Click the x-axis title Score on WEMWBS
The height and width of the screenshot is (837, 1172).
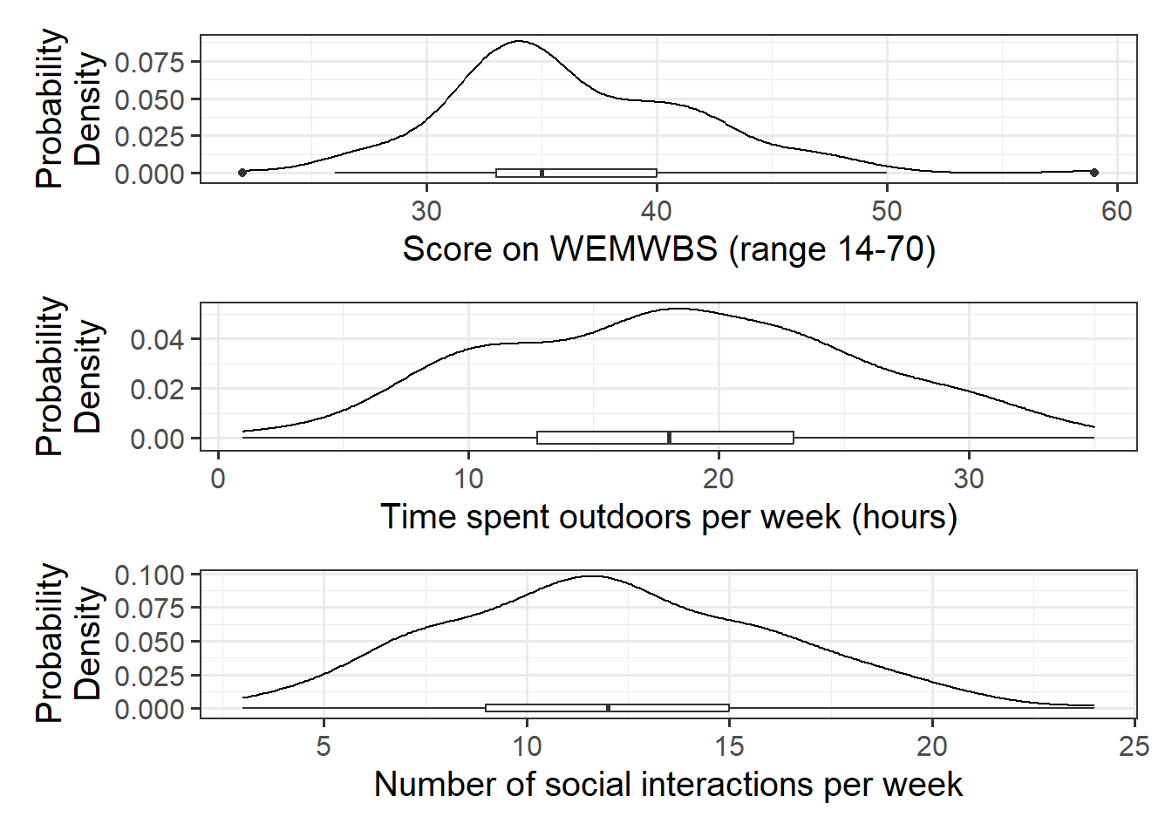click(669, 249)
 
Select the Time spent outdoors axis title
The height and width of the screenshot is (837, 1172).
click(669, 517)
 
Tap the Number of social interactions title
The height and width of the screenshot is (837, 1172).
click(669, 785)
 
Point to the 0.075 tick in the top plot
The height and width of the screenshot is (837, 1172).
click(149, 62)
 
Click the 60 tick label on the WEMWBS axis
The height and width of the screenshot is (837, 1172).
click(1116, 211)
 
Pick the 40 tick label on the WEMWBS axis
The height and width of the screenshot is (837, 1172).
click(656, 211)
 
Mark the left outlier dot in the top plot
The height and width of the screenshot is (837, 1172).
click(242, 173)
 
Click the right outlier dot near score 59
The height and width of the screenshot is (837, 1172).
click(1094, 173)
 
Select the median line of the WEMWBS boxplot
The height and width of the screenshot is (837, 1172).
click(542, 173)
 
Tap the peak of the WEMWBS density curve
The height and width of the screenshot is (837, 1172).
click(519, 41)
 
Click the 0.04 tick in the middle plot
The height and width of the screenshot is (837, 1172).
click(157, 338)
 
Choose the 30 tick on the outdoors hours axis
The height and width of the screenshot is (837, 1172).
click(968, 479)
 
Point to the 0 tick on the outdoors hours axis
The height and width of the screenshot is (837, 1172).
click(218, 479)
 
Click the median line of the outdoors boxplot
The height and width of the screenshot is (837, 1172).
click(669, 438)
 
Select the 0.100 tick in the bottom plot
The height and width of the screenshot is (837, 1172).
click(149, 575)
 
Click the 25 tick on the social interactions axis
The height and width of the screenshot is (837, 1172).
click(1134, 746)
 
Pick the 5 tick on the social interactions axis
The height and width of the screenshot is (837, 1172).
click(324, 746)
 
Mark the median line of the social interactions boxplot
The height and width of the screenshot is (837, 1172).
click(608, 708)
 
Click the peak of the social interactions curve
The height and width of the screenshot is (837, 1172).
click(592, 575)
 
